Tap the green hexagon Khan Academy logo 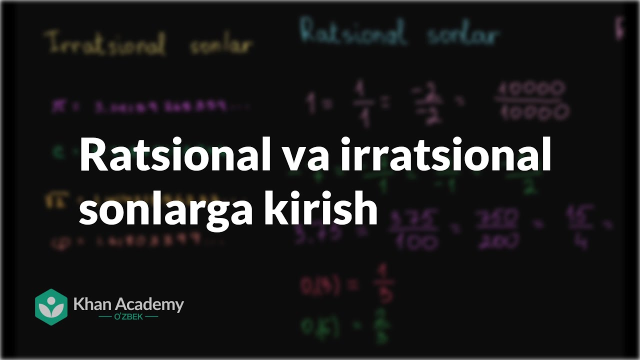(x=51, y=306)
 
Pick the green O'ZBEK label (x=128, y=317)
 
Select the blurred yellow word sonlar (x=220, y=46)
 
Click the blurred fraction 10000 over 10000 (x=531, y=101)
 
